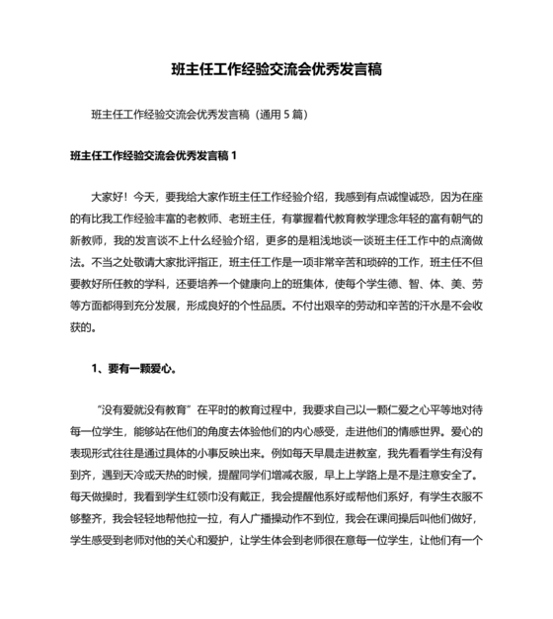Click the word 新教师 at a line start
[x=86, y=240]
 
